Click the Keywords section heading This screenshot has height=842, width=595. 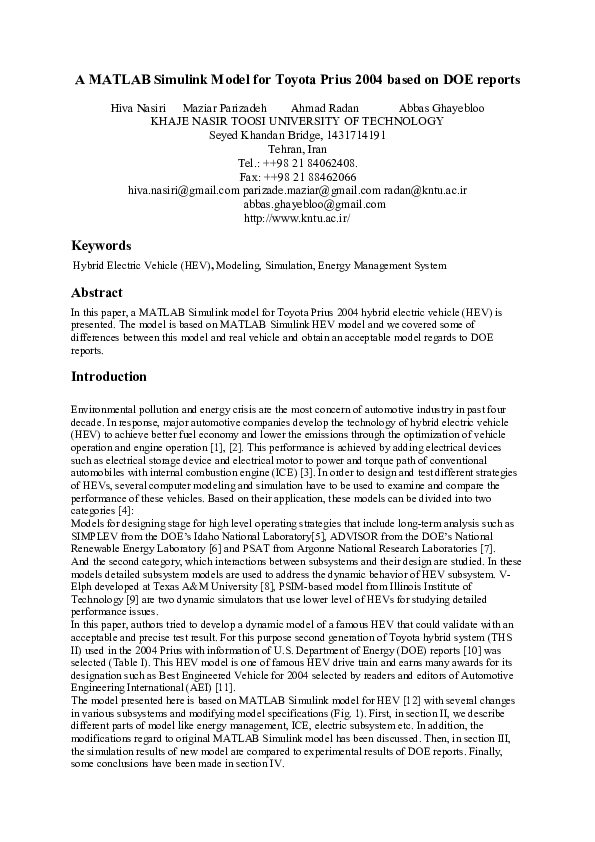101,245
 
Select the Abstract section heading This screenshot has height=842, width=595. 97,294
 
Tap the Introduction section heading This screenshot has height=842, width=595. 109,377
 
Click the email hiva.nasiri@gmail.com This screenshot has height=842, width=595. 184,190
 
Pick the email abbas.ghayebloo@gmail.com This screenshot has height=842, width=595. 300,204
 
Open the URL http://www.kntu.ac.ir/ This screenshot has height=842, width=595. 297,218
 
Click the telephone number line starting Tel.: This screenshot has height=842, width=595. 298,162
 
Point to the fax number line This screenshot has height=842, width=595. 298,176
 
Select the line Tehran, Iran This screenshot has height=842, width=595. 298,148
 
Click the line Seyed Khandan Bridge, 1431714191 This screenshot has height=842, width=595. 298,134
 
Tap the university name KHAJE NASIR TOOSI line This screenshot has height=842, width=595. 297,120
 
